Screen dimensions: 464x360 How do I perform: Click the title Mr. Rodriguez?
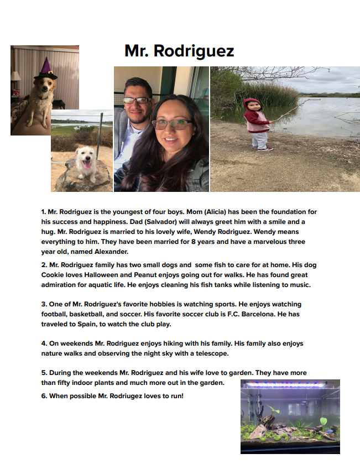pyautogui.click(x=179, y=51)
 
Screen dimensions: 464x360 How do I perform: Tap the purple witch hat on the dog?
pyautogui.click(x=44, y=69)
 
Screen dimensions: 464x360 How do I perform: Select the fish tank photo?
pyautogui.click(x=290, y=416)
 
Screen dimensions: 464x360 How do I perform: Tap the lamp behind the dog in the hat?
pyautogui.click(x=15, y=76)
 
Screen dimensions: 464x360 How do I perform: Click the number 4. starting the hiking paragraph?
pyautogui.click(x=44, y=343)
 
